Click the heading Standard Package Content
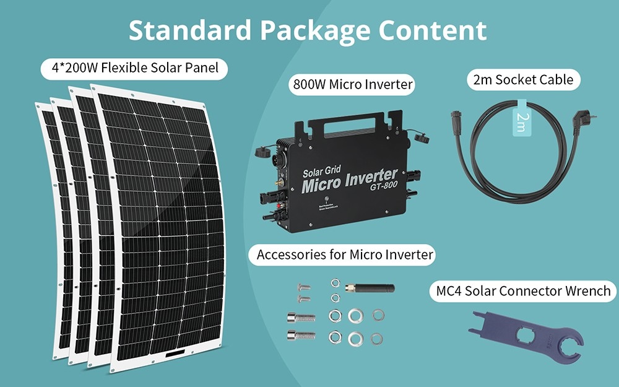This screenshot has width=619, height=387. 308,30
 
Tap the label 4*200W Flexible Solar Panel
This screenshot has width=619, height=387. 134,67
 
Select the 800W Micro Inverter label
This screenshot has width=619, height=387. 352,85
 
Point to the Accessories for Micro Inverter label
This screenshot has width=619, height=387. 345,254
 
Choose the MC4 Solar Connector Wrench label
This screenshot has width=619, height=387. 523,290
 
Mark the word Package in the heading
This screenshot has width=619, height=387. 312,30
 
